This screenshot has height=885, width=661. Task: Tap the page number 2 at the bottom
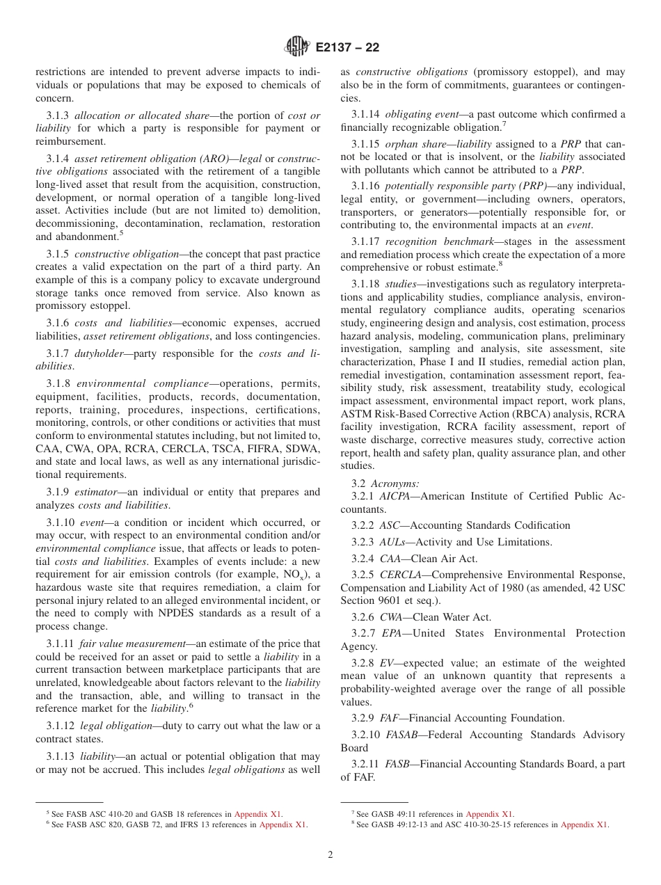tap(330, 855)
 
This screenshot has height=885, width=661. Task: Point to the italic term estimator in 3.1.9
tap(99, 493)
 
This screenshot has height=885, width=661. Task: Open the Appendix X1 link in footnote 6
tap(283, 825)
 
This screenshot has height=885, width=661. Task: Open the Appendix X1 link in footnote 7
tap(490, 814)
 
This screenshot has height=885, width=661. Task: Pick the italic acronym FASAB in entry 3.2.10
tap(403, 735)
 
